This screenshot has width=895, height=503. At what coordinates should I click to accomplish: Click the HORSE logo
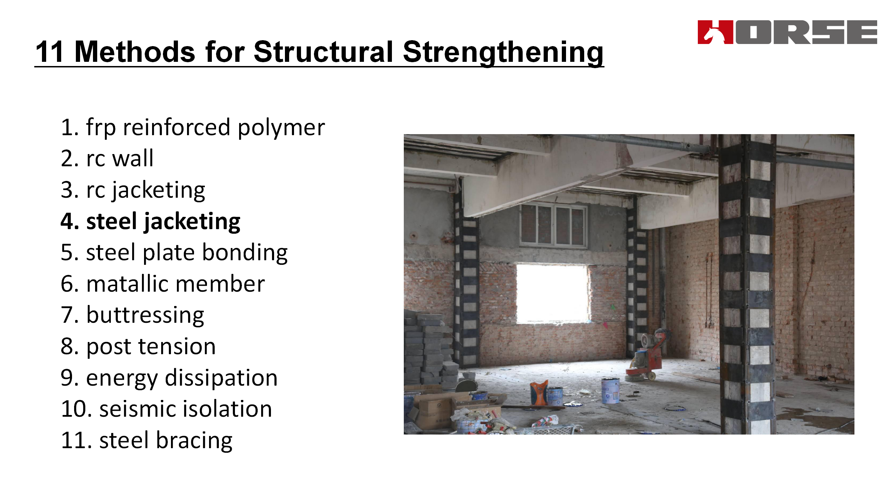[x=787, y=32]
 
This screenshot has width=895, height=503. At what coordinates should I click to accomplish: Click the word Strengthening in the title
[x=503, y=52]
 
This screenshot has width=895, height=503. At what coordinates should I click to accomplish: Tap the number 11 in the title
[x=49, y=52]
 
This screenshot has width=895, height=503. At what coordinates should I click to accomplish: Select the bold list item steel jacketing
[x=151, y=221]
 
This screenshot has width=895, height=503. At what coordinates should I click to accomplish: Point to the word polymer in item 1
[x=281, y=128]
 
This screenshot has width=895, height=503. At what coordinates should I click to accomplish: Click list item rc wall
[x=107, y=158]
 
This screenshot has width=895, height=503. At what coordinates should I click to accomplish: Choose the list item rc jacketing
[x=133, y=190]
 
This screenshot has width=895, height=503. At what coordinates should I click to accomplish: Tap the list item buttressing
[x=133, y=315]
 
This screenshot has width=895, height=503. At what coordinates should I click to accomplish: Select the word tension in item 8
[x=177, y=347]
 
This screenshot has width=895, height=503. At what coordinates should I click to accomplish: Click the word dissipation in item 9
[x=221, y=378]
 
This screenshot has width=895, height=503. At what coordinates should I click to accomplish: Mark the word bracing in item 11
[x=194, y=441]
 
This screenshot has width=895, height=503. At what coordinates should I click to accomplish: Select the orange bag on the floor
[x=539, y=393]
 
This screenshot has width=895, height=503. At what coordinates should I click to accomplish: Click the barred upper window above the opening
[x=553, y=224]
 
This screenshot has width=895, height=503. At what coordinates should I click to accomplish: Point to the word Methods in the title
[x=135, y=52]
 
